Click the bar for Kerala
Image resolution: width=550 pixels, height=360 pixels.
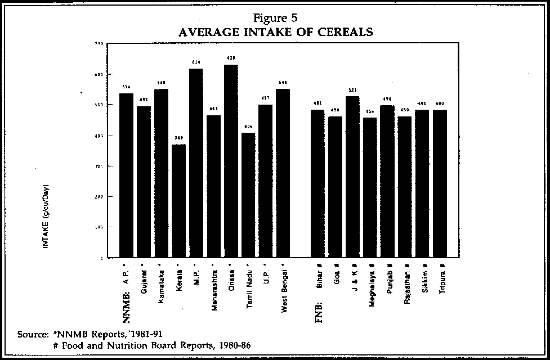click(178, 201)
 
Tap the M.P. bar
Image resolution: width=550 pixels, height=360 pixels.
click(196, 163)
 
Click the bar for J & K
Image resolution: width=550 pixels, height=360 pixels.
click(352, 177)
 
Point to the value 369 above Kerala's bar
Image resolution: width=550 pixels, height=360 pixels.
click(178, 138)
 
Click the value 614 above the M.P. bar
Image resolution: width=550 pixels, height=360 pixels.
click(196, 62)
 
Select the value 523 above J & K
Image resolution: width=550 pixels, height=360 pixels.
click(352, 90)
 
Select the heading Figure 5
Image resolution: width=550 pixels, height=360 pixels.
click(275, 17)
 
